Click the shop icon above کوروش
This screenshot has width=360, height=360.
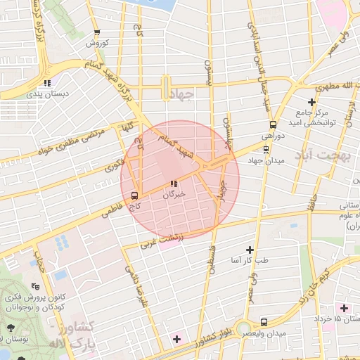point(96,32)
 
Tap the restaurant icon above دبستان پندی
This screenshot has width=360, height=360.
point(47,82)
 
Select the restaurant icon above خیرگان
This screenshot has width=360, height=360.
point(173,184)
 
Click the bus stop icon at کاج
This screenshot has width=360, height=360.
point(134,195)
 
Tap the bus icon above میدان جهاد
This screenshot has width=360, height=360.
point(265,149)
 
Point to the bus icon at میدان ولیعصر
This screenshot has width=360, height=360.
point(264,321)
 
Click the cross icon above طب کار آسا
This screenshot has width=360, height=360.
point(249,250)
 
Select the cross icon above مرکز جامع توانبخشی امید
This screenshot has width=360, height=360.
point(311,103)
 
